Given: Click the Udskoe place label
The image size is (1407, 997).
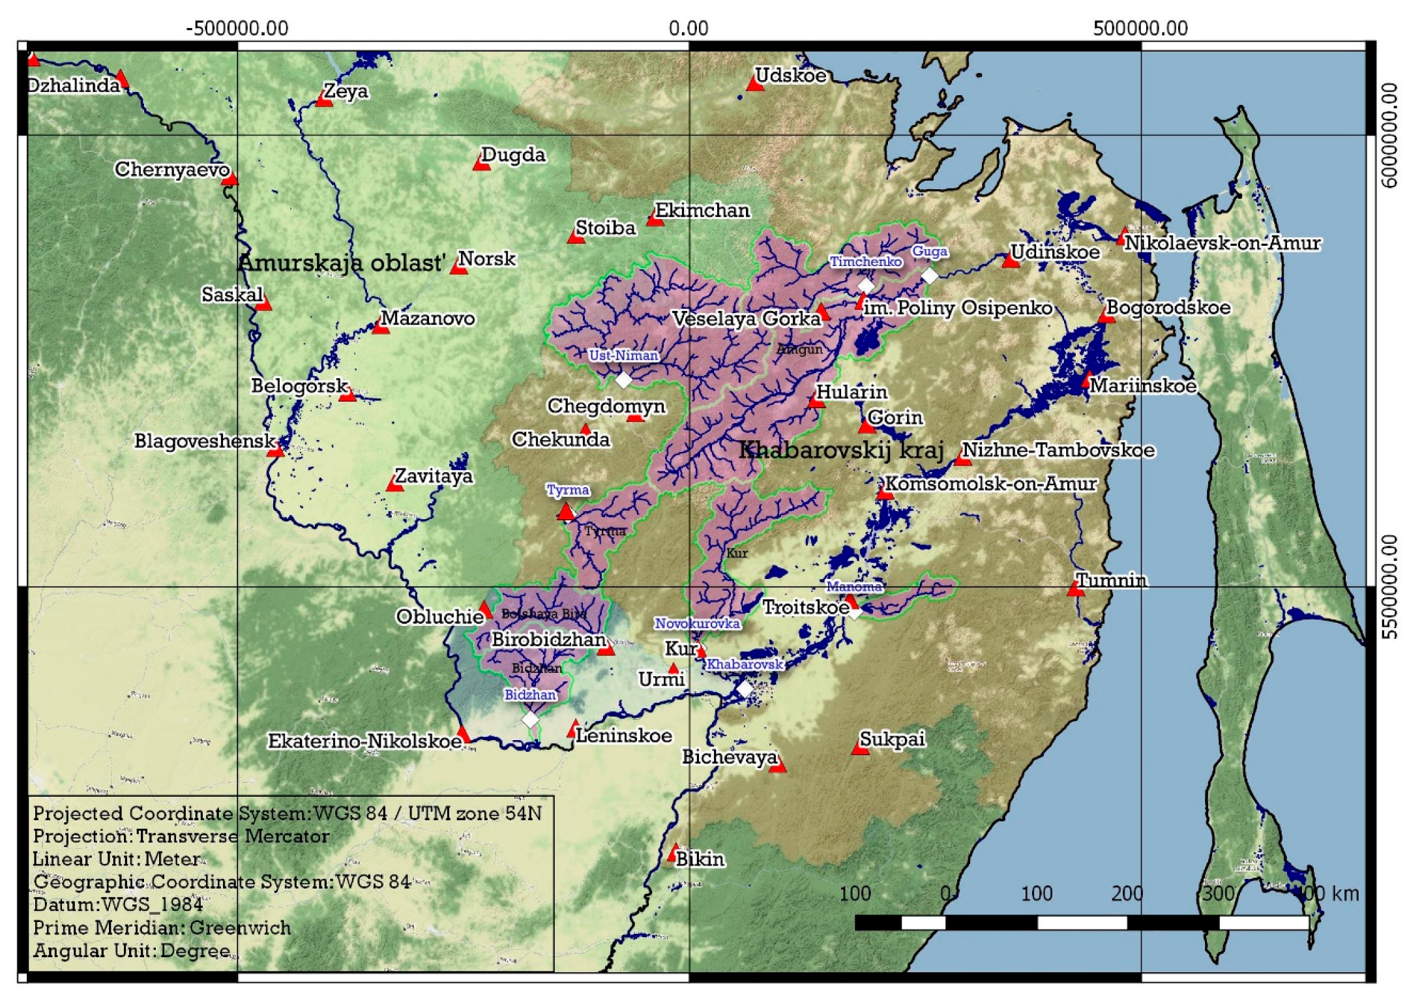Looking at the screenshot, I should (790, 75).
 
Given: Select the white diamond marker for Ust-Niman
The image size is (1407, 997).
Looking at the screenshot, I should (623, 379).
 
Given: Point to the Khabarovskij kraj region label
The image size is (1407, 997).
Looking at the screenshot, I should (841, 449).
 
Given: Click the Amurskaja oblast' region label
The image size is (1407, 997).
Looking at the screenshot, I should (342, 263).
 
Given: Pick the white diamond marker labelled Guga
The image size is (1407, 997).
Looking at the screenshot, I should (929, 276).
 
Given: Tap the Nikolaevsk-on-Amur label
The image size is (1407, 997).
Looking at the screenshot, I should (1222, 243).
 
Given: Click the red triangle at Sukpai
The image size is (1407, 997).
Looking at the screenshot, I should (860, 749).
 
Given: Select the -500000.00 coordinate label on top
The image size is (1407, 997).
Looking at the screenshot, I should (237, 28).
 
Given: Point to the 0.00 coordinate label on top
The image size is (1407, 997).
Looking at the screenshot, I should (689, 28).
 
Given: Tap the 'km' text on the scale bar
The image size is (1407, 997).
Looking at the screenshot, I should (1345, 893).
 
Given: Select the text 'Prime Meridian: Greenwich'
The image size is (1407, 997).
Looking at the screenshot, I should (162, 927).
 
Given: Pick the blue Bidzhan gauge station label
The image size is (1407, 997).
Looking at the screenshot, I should (530, 694).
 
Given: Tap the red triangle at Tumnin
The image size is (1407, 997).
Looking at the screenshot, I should (1075, 589).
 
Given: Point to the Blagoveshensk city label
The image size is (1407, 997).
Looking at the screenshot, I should (205, 441).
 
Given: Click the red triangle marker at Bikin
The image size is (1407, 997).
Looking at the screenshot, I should (674, 854).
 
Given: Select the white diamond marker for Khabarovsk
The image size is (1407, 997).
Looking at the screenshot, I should (745, 689).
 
